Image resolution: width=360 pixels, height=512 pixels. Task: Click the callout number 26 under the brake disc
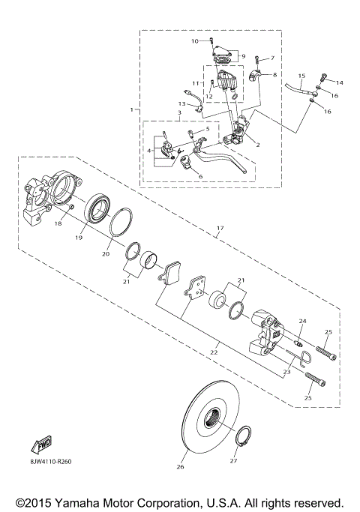point(179,467)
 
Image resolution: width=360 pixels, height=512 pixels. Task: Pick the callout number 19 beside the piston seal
point(78,238)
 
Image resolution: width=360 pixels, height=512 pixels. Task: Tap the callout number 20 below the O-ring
point(105,254)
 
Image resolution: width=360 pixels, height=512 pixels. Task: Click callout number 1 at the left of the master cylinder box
point(132,110)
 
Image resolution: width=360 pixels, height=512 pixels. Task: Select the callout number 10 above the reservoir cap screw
point(195,40)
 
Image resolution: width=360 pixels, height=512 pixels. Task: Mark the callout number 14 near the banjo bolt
point(339,82)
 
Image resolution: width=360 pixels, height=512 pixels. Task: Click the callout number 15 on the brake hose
point(301,76)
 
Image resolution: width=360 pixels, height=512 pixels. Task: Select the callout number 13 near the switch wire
point(181,103)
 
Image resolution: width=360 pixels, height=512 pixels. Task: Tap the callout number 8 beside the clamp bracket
point(274,76)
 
